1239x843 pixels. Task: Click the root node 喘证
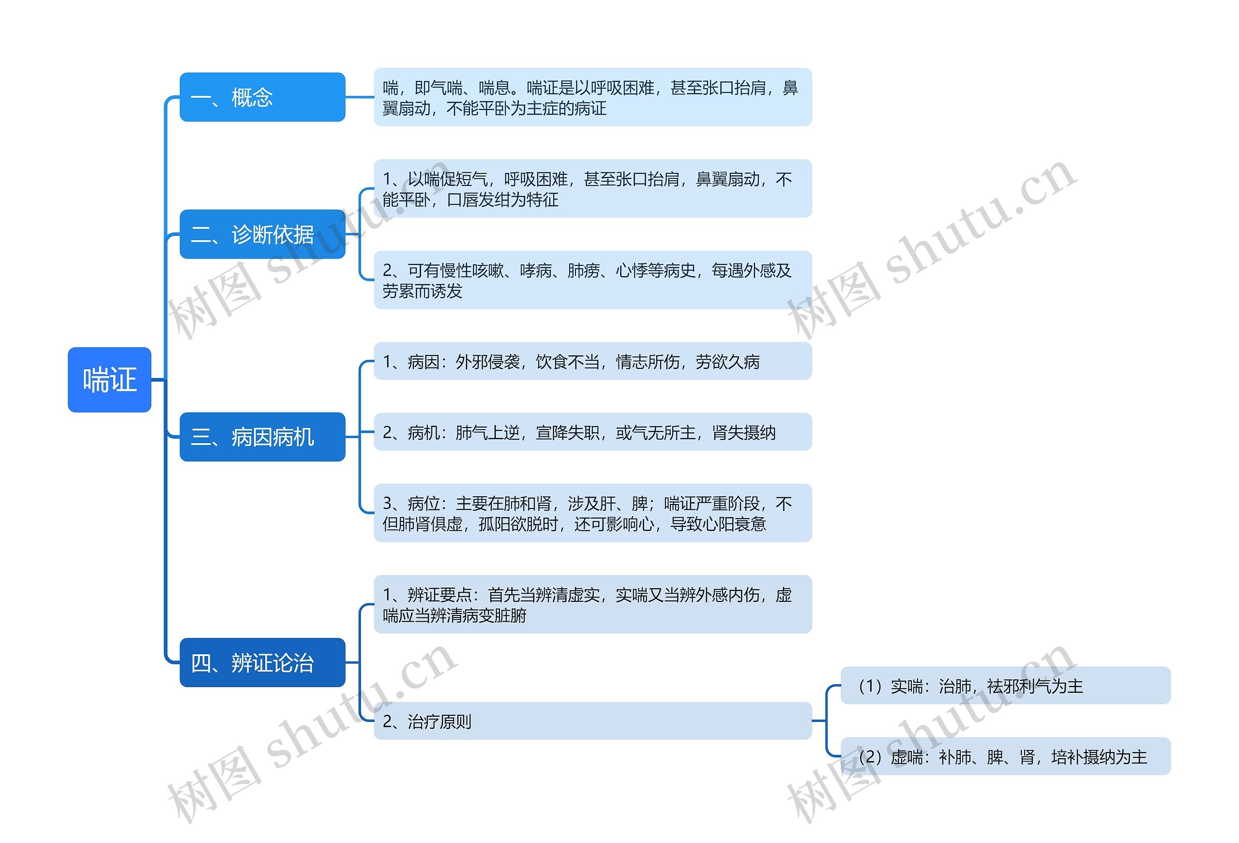coord(109,380)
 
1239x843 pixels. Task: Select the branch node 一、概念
coord(262,97)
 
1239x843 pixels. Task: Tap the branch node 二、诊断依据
coord(262,234)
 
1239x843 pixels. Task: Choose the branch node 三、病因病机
coord(262,437)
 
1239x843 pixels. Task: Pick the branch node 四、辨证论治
coord(262,662)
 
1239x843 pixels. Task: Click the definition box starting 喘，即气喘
coord(592,97)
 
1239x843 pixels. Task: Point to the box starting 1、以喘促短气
coord(592,188)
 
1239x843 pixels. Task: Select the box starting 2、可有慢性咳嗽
coord(592,280)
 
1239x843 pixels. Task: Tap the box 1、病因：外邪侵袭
coord(592,362)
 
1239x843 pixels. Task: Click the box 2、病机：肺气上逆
coord(592,432)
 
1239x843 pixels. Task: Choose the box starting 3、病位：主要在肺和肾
coord(592,513)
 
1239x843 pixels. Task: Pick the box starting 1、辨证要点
coord(592,604)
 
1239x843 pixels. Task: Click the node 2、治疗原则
coord(592,721)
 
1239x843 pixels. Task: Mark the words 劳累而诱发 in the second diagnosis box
coord(422,291)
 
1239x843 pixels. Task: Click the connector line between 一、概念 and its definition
coord(359,97)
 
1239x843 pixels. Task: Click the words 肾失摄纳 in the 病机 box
coord(744,432)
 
